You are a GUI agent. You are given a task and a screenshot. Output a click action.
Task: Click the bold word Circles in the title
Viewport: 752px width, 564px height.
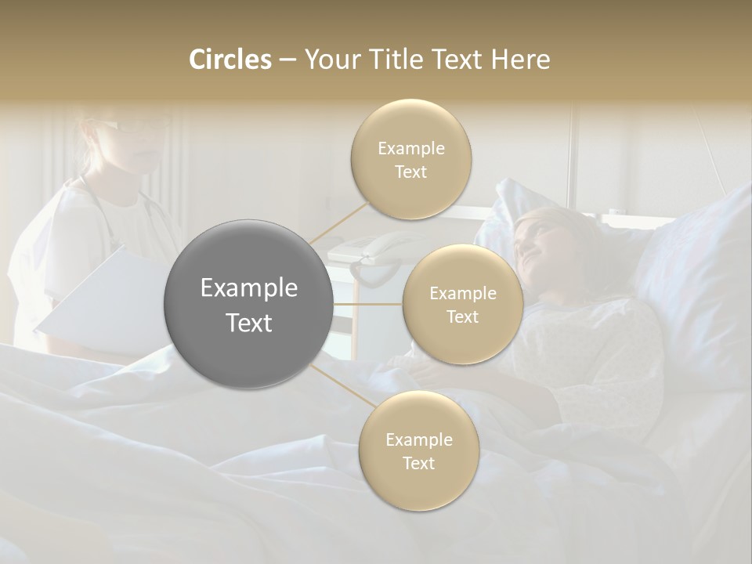(230, 60)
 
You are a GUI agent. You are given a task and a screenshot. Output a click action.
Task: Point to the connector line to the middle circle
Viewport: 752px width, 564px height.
(368, 304)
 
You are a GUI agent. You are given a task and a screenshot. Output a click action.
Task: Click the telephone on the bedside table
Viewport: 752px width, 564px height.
(384, 249)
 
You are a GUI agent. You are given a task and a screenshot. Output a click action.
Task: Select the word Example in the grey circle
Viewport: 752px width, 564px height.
(249, 288)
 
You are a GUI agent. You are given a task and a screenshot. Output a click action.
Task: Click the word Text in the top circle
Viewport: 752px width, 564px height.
(411, 172)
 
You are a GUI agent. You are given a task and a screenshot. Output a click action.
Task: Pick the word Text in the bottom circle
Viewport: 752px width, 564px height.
(418, 463)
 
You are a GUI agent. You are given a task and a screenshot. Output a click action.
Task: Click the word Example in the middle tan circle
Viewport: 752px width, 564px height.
(462, 294)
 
